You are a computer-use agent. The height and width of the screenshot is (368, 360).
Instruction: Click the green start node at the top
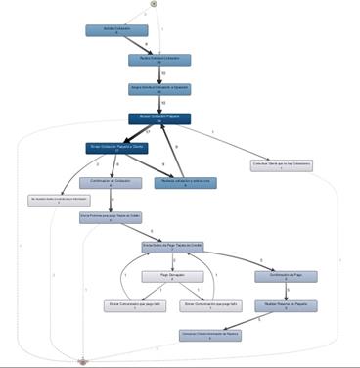[155, 5]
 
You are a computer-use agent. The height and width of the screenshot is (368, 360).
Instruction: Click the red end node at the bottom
[85, 360]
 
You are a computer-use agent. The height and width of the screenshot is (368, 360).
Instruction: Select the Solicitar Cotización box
[117, 30]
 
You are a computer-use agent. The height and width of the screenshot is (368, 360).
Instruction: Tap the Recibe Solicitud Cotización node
[159, 60]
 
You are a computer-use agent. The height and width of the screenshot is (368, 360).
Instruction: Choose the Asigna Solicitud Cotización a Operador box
[159, 89]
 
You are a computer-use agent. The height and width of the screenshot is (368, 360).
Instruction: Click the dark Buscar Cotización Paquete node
[159, 118]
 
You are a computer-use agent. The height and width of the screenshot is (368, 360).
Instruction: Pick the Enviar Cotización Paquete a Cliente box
[116, 149]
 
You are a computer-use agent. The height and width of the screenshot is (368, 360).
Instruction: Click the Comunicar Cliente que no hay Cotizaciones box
[281, 165]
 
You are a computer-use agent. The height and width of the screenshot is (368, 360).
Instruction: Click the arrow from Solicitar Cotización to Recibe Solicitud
[139, 45]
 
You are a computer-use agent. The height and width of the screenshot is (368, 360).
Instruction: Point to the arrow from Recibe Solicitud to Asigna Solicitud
[159, 74]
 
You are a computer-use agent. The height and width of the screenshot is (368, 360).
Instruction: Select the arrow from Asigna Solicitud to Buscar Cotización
[159, 104]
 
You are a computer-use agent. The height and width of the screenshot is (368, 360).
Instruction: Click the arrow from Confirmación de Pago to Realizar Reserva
[285, 292]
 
